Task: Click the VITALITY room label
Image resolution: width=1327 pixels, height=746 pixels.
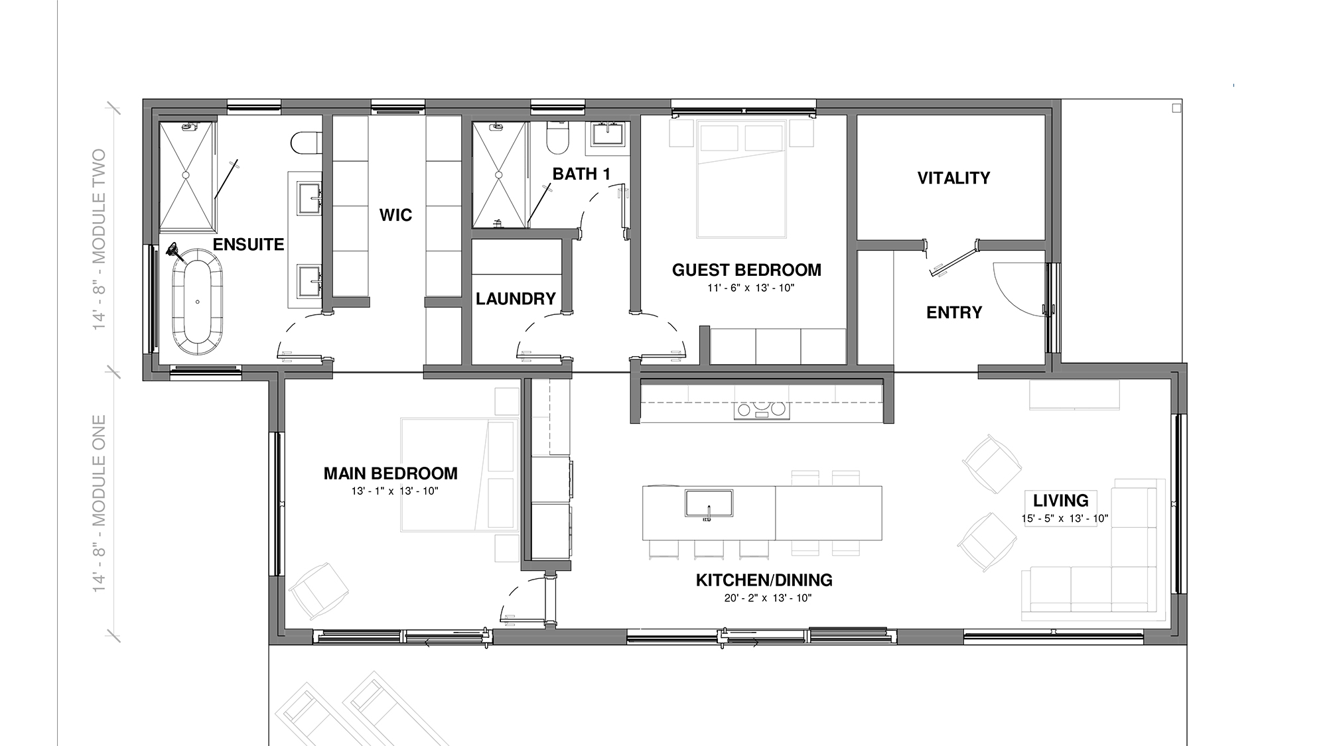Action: coord(953,178)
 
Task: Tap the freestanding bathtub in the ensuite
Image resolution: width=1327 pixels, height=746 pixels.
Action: coord(197,302)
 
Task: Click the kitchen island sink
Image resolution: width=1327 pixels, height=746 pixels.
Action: coord(709,503)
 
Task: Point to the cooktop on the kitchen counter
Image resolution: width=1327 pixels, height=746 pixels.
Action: coord(762,410)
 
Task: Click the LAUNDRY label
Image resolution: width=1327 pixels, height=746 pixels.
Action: coord(516,298)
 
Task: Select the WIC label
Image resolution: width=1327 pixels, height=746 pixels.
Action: coord(395,215)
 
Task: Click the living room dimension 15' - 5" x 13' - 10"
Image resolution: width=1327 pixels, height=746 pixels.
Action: coord(1065,519)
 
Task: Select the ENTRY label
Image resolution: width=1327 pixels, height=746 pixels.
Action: coord(954,312)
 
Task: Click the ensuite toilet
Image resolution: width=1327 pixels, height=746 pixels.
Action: coord(306,142)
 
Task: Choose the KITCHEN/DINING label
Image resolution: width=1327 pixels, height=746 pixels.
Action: coord(764,580)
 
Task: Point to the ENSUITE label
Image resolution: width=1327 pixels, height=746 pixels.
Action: coord(248,244)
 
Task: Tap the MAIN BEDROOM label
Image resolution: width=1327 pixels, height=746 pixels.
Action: coord(390,473)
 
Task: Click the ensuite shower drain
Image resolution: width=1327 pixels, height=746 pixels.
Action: coord(186,175)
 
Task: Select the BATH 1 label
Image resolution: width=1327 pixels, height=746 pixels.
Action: coord(581,174)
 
